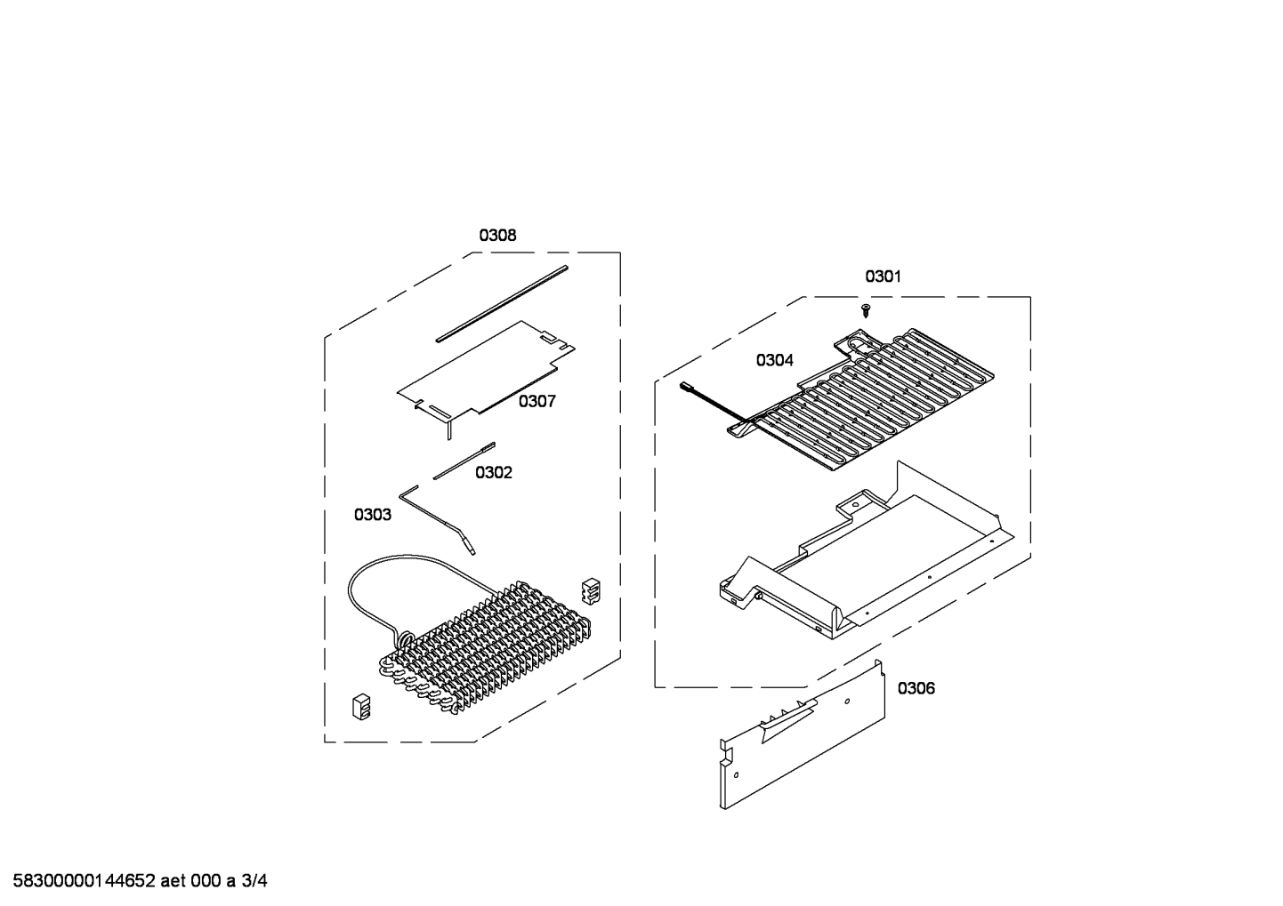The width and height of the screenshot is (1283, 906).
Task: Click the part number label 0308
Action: tap(497, 236)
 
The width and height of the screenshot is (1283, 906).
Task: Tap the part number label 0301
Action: tap(883, 277)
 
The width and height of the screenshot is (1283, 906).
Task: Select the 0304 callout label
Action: tap(774, 360)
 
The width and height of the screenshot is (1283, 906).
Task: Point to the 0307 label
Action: tap(537, 401)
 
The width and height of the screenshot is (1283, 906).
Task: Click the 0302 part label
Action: tap(493, 472)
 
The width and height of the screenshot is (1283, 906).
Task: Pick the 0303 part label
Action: tap(372, 515)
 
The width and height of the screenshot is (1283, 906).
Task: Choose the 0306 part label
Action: tap(916, 688)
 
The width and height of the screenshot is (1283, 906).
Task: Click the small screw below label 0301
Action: tap(866, 311)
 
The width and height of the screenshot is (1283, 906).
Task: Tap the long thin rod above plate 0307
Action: tap(502, 303)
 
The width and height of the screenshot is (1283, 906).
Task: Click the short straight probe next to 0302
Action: tap(464, 461)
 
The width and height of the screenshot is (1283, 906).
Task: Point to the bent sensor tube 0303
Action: tap(438, 519)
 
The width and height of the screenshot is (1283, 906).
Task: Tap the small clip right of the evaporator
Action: tap(591, 591)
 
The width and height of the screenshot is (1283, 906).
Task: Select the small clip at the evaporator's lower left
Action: tap(361, 707)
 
